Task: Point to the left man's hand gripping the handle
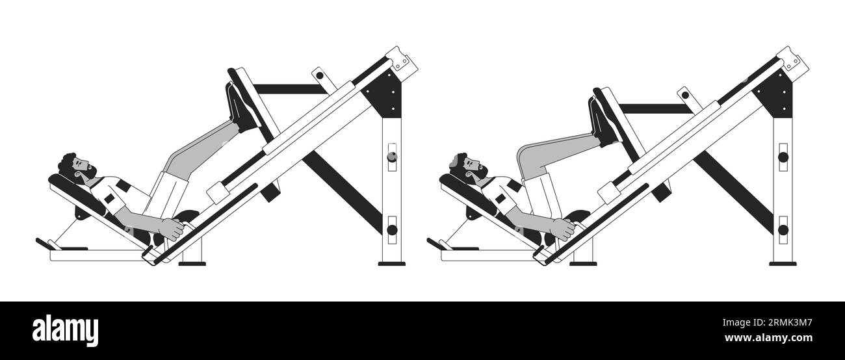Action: pyautogui.click(x=173, y=227)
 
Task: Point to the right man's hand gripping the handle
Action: pyautogui.click(x=563, y=227)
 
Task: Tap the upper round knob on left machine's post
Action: pyautogui.click(x=391, y=157)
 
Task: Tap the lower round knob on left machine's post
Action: pyautogui.click(x=391, y=229)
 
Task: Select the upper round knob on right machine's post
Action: pyautogui.click(x=783, y=157)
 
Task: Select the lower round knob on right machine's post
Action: pyautogui.click(x=783, y=229)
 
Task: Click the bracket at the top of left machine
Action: pyautogui.click(x=403, y=60)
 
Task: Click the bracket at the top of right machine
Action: pyautogui.click(x=794, y=60)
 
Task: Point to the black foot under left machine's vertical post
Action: pyautogui.click(x=391, y=263)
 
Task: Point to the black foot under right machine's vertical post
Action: pyautogui.click(x=783, y=263)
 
